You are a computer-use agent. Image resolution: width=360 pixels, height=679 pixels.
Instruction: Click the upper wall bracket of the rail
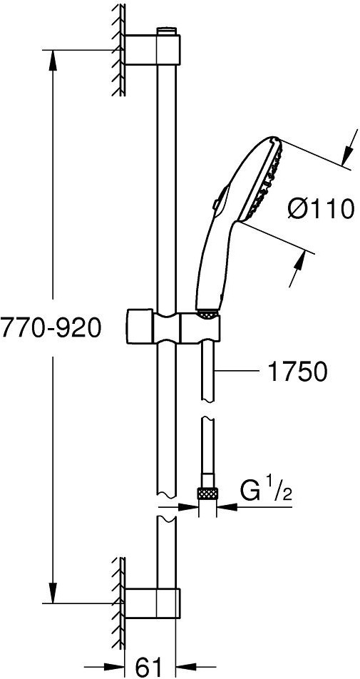click(x=153, y=50)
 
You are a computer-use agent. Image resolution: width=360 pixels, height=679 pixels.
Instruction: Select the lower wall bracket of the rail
click(x=153, y=603)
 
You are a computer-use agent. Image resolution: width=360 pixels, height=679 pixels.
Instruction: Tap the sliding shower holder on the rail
click(x=173, y=327)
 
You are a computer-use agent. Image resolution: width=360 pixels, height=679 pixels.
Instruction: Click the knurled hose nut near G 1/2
click(x=207, y=494)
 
